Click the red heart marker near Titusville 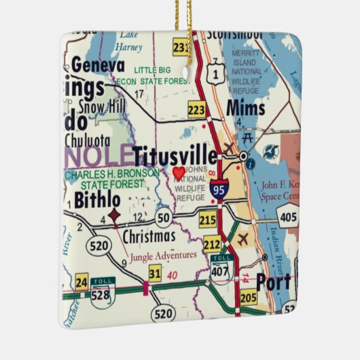click(x=178, y=173)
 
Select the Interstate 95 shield click(x=219, y=188)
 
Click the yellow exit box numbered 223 click(x=196, y=109)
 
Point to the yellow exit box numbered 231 click(x=181, y=48)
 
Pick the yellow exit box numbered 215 click(x=208, y=219)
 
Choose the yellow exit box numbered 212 click(x=211, y=243)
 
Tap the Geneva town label click(x=98, y=66)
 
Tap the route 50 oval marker click(x=163, y=217)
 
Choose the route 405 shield click(x=287, y=217)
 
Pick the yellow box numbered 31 click(x=155, y=274)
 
